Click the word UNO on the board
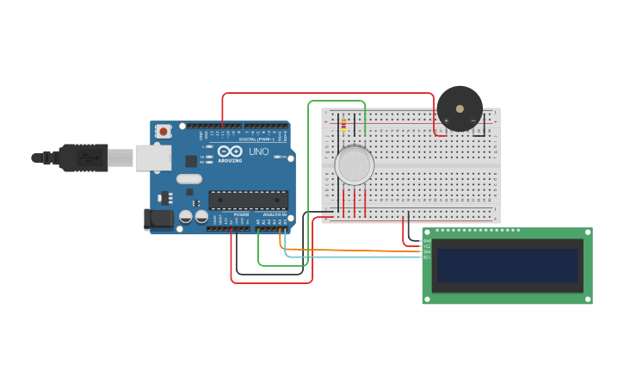[x=259, y=152]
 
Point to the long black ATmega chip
[x=248, y=200]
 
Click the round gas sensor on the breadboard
[x=354, y=164]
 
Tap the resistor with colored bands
[x=343, y=125]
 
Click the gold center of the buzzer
[x=460, y=108]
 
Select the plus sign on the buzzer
[x=446, y=121]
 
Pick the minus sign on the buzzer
[x=473, y=121]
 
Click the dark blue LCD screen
[x=507, y=265]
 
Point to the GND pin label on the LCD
[x=427, y=241]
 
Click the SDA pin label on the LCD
[x=427, y=251]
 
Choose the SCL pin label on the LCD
[x=427, y=257]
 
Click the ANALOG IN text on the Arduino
[x=273, y=214]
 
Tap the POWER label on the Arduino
[x=241, y=214]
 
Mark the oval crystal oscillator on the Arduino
[x=189, y=179]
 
